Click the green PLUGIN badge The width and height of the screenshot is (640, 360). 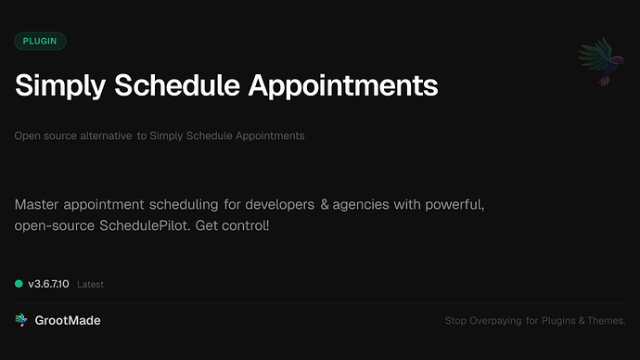click(x=40, y=41)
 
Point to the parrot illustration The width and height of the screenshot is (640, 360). click(x=598, y=61)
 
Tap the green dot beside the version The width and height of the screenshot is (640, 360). click(x=19, y=283)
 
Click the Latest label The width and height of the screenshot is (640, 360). click(x=91, y=284)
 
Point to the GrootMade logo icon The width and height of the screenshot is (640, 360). click(x=21, y=320)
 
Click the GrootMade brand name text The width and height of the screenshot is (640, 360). click(x=68, y=320)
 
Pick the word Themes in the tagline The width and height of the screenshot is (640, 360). click(x=607, y=321)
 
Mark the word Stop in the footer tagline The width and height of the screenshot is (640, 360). click(x=455, y=321)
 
